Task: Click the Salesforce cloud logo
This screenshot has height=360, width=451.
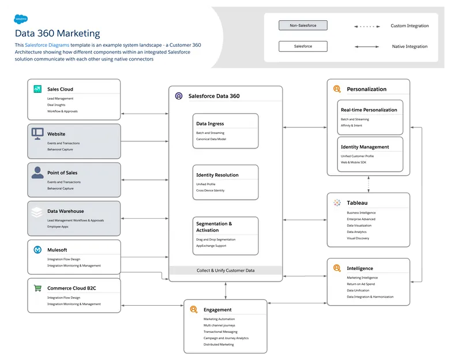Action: pos(21,18)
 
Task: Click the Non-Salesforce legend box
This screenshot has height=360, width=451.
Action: pos(303,25)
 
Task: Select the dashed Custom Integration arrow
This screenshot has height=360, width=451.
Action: pos(366,26)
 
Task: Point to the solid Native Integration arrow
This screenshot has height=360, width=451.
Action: pos(366,47)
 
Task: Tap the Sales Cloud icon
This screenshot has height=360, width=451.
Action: pos(37,89)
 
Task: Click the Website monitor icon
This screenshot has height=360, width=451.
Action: pos(37,133)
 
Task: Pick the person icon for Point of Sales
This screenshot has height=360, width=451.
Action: pos(37,172)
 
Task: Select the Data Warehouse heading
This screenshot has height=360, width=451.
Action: pos(65,211)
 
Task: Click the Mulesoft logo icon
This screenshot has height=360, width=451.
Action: pos(37,250)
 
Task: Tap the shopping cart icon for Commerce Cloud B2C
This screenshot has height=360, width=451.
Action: pos(37,288)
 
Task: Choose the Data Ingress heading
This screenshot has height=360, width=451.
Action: pos(210,123)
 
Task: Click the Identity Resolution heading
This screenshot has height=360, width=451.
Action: pos(217,175)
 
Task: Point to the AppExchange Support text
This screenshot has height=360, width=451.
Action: pos(211,246)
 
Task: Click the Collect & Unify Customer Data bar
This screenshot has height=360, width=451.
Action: pos(225,270)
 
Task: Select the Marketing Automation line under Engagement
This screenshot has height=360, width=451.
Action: pos(219,319)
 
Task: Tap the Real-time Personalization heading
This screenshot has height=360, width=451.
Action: pos(369,110)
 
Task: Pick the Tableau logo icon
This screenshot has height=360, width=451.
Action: pos(337,202)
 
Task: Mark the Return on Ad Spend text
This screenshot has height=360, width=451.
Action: pos(360,284)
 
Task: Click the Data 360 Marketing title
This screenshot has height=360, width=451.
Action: pos(57,33)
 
